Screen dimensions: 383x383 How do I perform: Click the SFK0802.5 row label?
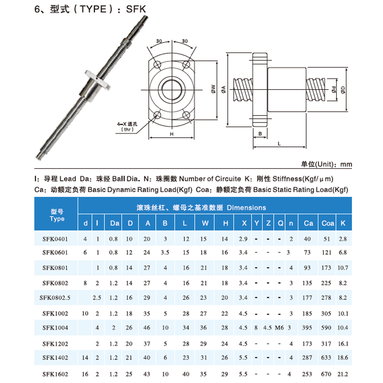[55, 298]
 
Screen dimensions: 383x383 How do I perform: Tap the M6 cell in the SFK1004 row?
[279, 327]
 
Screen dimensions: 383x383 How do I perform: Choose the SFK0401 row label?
[55, 239]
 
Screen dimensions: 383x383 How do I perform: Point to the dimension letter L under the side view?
[280, 143]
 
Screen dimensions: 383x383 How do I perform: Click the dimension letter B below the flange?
[260, 133]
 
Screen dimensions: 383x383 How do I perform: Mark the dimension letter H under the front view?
[172, 133]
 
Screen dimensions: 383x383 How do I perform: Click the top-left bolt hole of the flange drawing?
[157, 65]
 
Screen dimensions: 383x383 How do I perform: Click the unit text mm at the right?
[346, 164]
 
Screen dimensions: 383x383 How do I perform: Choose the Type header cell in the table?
[57, 215]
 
